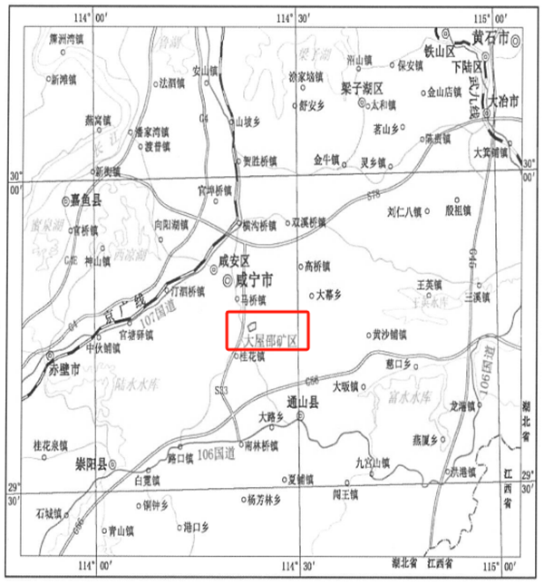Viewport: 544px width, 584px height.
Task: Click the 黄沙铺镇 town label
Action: pos(390,334)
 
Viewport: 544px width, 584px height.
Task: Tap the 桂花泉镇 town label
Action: pos(50,445)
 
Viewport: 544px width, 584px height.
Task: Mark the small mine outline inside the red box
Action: pos(252,323)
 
